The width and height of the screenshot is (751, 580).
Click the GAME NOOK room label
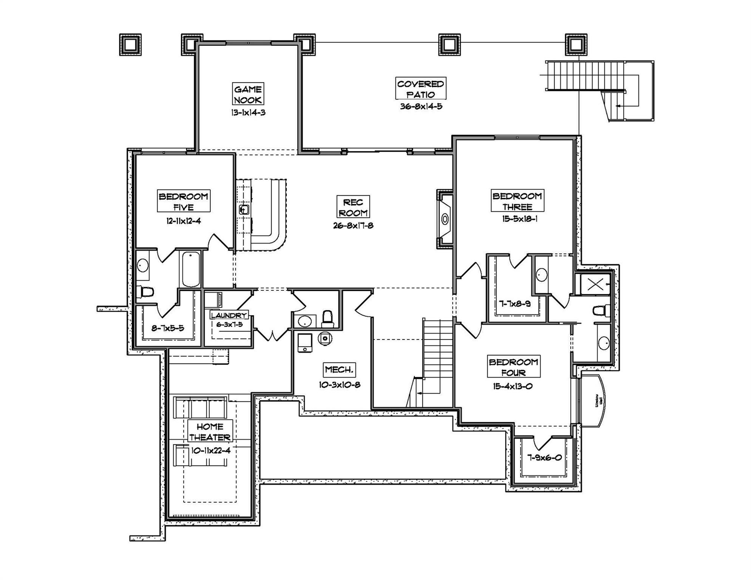click(x=248, y=94)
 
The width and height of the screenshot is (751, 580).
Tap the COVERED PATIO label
click(x=421, y=89)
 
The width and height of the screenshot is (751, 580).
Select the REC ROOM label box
click(x=353, y=207)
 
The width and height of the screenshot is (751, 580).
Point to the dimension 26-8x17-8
click(x=353, y=226)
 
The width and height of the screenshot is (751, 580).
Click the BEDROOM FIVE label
click(x=184, y=201)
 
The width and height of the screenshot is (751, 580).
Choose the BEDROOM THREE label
click(x=517, y=201)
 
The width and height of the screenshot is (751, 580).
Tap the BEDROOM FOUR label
click(x=513, y=367)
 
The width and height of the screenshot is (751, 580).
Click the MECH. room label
click(x=339, y=369)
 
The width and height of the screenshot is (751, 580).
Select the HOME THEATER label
click(x=210, y=432)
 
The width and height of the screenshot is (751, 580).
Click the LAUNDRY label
click(x=229, y=315)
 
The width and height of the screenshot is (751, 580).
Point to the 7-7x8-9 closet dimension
click(x=514, y=304)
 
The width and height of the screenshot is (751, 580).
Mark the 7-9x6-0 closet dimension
click(x=544, y=458)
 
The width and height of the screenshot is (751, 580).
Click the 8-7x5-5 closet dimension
click(x=168, y=328)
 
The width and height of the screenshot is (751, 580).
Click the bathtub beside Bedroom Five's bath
click(x=191, y=270)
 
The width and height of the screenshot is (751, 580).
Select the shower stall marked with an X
click(x=595, y=284)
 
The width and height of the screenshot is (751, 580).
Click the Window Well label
click(x=597, y=401)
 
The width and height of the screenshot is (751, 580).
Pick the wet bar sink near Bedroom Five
click(x=244, y=210)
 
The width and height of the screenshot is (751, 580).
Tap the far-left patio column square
click(x=130, y=45)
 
